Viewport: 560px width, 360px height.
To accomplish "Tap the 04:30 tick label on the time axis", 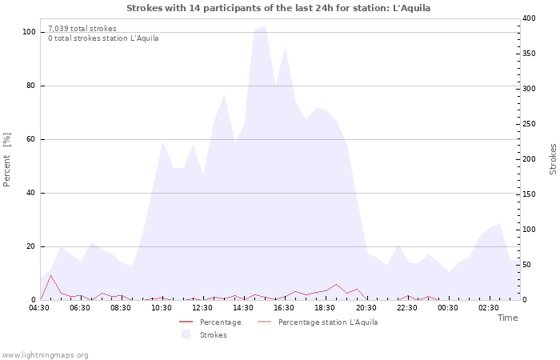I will (39, 308).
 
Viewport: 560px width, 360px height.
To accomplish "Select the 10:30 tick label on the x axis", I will (162, 308).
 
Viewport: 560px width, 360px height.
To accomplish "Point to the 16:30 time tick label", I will (284, 308).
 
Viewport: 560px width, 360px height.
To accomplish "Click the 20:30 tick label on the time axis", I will (366, 308).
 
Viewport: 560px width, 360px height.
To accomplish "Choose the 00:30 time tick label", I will (447, 308).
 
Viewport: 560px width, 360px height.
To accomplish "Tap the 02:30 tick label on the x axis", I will (488, 308).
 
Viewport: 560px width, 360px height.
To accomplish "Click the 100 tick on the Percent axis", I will (29, 32).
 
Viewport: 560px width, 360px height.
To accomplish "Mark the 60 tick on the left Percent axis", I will (30, 139).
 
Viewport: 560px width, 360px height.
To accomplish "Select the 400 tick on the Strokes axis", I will (529, 18).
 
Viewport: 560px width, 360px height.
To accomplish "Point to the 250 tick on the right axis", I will (529, 124).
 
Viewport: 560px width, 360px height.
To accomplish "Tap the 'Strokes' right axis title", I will (553, 159).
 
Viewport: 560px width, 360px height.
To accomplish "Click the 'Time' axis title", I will (507, 318).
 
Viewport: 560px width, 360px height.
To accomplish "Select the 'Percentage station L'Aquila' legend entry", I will (327, 322).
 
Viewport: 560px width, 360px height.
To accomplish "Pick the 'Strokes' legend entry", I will (213, 335).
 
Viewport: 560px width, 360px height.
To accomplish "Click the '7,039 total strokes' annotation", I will (82, 29).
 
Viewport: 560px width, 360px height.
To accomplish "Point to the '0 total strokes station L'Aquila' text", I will (103, 38).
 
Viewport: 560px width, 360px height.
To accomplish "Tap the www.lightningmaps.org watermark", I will (45, 355).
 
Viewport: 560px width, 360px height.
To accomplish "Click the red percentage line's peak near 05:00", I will (50, 275).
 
